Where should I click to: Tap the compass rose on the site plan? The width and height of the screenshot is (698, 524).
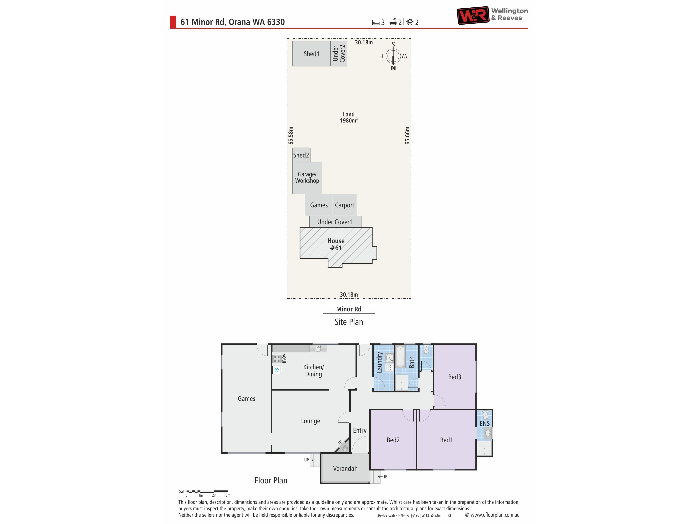pyautogui.click(x=393, y=56)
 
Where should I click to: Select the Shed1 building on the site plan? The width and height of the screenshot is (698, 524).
pyautogui.click(x=311, y=54)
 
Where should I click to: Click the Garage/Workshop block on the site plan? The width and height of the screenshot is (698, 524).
pyautogui.click(x=307, y=178)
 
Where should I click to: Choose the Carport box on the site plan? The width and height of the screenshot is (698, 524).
pyautogui.click(x=345, y=205)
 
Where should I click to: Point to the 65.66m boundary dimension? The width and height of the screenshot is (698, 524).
pyautogui.click(x=407, y=136)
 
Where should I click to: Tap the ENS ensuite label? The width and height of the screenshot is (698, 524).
pyautogui.click(x=484, y=424)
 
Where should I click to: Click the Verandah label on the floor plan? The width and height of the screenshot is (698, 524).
pyautogui.click(x=345, y=468)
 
